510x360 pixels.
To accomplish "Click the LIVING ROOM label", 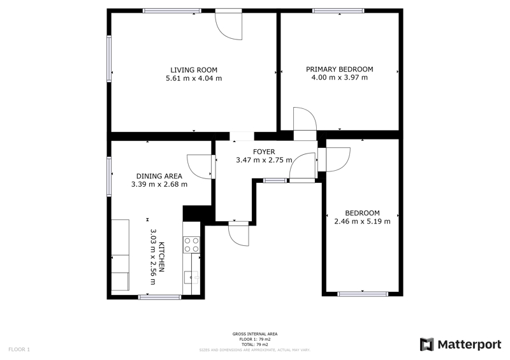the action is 194,70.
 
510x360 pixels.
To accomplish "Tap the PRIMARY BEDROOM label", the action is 340,69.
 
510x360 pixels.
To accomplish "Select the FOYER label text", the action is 264,152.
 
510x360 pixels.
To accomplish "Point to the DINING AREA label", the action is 159,176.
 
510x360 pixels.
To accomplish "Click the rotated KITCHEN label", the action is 162,257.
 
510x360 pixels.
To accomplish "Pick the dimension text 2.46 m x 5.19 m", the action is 362,222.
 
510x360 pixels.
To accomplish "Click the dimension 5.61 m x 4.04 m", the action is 194,78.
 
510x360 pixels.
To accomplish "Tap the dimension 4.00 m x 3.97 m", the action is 340,77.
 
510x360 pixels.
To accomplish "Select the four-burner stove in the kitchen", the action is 192,245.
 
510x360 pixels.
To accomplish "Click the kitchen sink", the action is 191,277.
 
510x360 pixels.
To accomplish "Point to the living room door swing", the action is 229,26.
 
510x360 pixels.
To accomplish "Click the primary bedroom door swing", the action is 305,119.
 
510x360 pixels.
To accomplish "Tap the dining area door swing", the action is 200,166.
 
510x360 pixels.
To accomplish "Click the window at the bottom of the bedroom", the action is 363,294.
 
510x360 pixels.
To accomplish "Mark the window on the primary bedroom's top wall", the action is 339,11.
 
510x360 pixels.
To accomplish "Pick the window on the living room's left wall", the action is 109,59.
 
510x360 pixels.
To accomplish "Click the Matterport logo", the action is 460,345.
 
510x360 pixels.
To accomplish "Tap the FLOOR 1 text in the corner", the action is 19,350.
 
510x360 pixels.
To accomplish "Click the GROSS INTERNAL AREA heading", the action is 255,334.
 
